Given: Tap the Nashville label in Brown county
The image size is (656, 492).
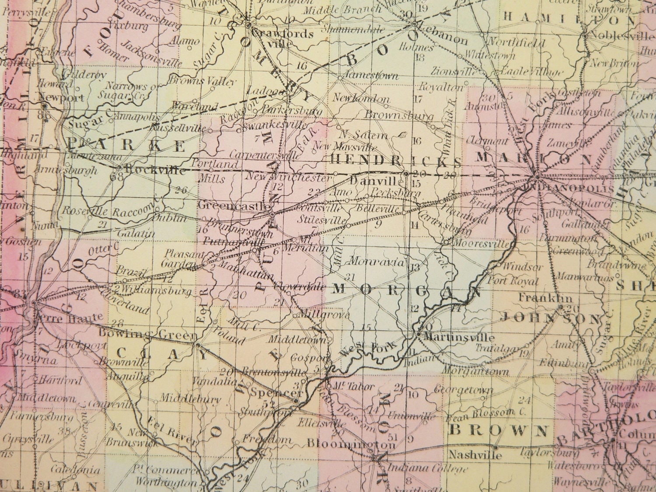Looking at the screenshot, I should [x=475, y=455].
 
